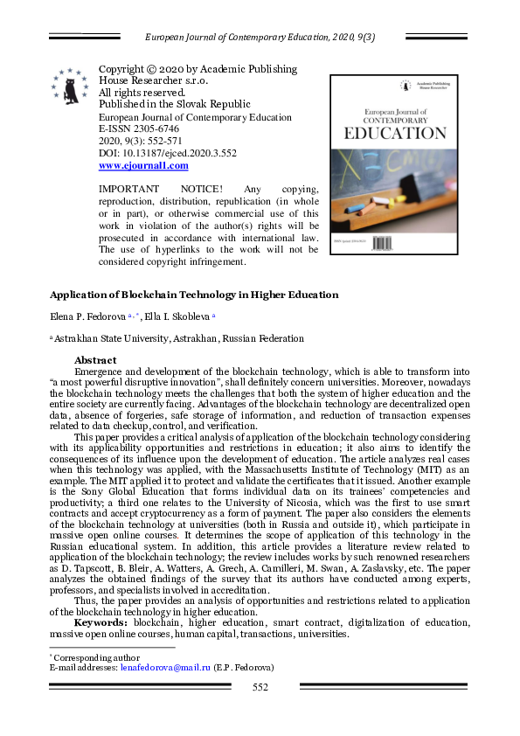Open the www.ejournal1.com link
[143, 165]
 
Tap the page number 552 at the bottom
[260, 687]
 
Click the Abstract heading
[95, 359]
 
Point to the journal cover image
[393, 165]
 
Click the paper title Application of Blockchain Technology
[193, 295]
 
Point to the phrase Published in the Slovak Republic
[175, 104]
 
